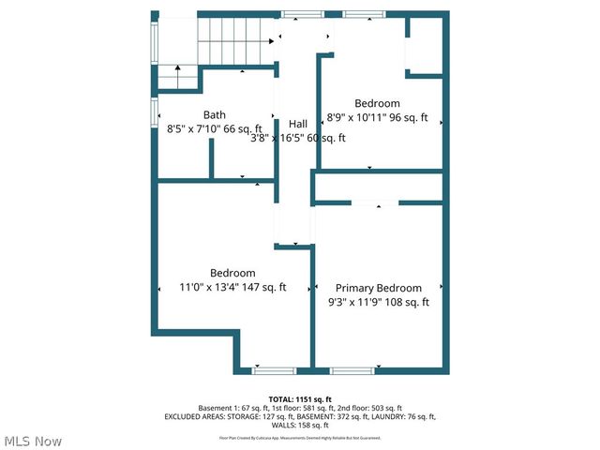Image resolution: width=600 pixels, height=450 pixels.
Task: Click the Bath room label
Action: click(x=214, y=114)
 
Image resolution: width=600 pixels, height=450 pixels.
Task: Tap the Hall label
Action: click(x=298, y=124)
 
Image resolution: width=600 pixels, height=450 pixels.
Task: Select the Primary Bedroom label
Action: click(x=378, y=288)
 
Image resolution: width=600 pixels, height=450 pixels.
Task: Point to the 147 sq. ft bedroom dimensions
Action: click(x=232, y=288)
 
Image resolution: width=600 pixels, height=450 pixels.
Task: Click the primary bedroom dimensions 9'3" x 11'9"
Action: click(x=378, y=302)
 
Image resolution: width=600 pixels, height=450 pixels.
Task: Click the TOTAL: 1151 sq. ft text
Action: click(x=300, y=398)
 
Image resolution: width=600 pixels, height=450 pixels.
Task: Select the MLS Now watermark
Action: click(x=32, y=441)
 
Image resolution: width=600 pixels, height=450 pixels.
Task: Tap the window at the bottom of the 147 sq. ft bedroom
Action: click(x=271, y=369)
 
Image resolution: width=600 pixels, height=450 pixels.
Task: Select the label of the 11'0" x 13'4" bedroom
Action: click(x=232, y=273)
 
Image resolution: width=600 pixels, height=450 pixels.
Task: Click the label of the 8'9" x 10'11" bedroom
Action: click(x=377, y=103)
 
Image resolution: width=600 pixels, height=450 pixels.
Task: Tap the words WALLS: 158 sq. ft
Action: click(x=300, y=425)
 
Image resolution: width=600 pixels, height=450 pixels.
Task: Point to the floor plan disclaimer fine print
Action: click(x=300, y=437)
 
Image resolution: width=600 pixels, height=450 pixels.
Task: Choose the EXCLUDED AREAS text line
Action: click(x=300, y=416)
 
